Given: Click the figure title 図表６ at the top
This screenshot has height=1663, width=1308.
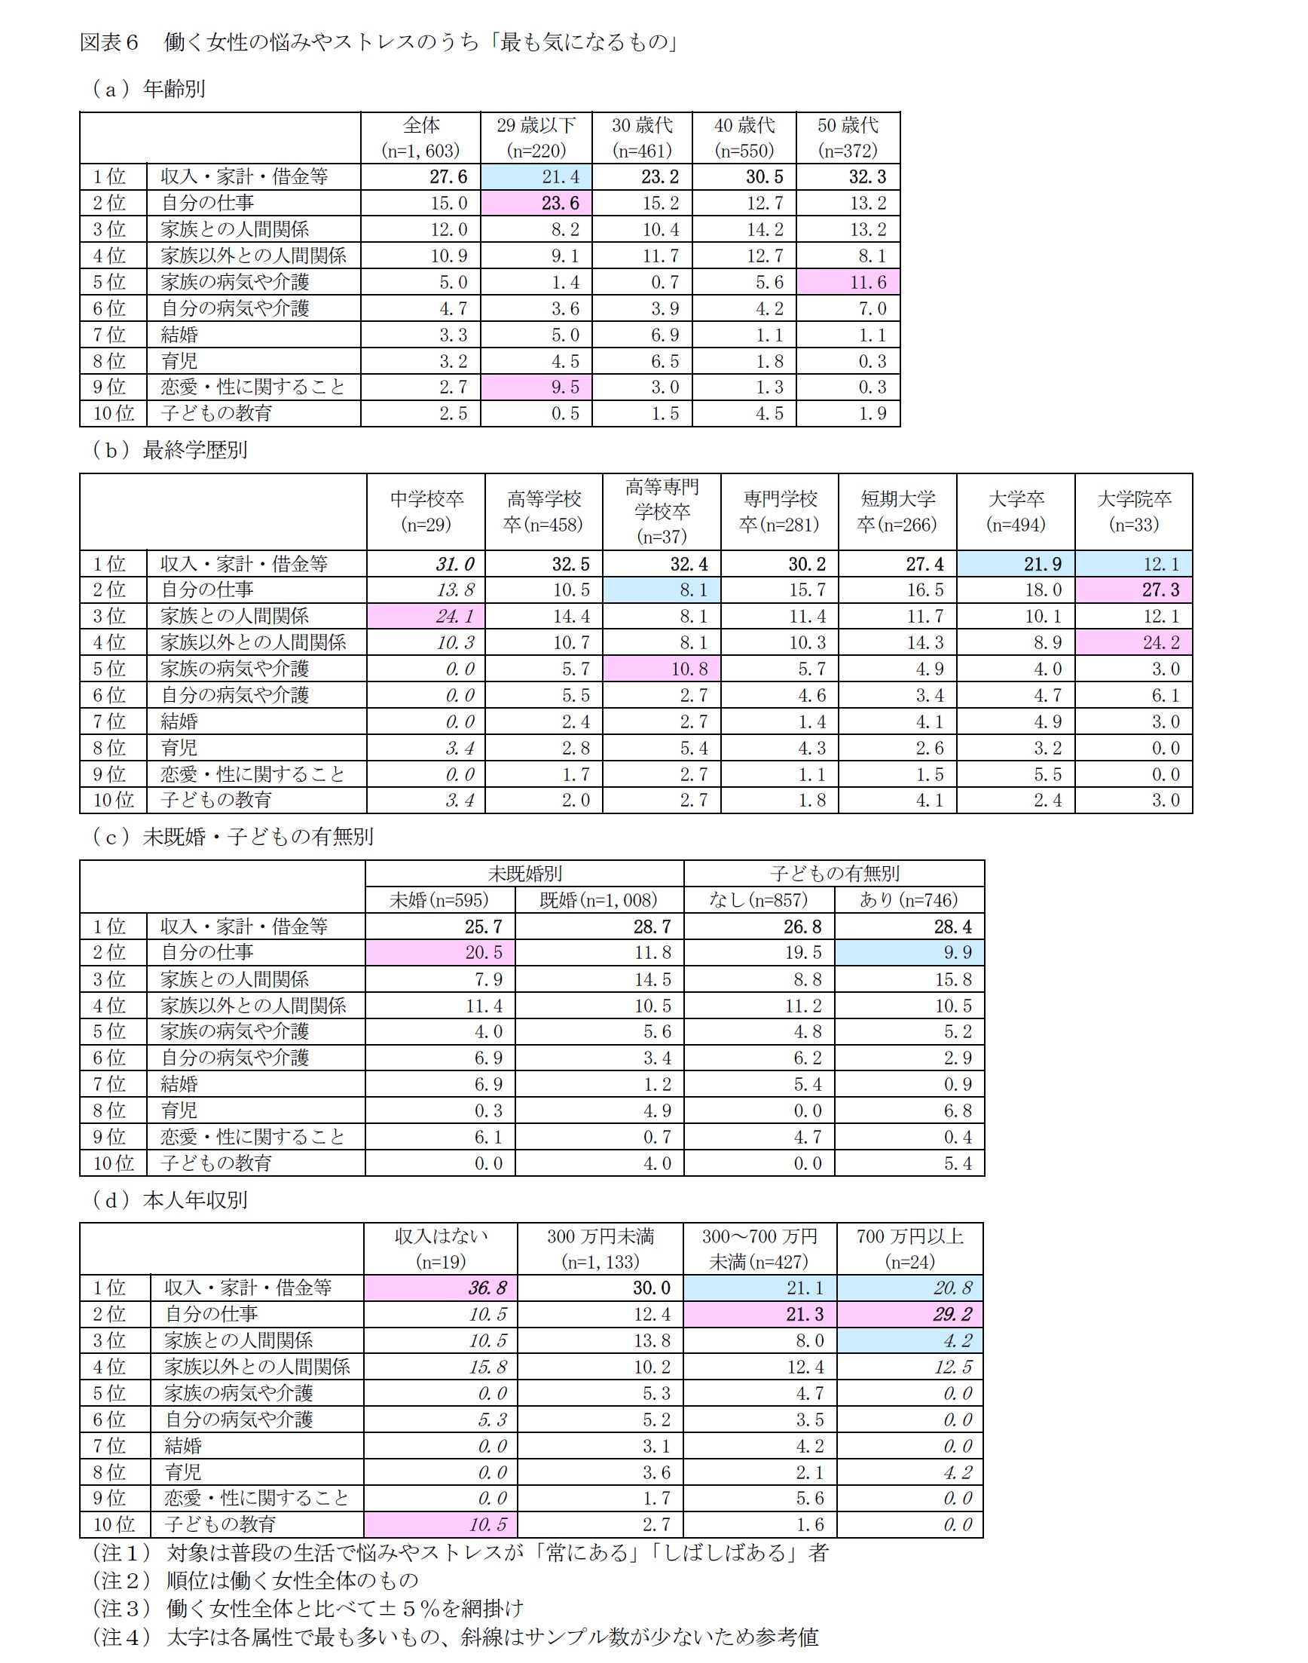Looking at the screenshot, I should (x=109, y=42).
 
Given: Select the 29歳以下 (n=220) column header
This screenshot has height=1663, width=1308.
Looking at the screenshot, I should (x=536, y=138).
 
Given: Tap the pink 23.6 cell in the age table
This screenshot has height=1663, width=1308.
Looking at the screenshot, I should (x=536, y=203).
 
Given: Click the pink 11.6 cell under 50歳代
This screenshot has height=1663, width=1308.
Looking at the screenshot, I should (x=848, y=282).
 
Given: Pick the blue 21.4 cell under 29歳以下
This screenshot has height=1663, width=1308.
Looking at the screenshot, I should (x=536, y=177).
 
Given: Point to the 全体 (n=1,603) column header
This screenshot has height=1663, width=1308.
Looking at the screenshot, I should (x=420, y=138).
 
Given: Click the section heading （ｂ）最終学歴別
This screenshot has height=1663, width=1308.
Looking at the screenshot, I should (x=170, y=449).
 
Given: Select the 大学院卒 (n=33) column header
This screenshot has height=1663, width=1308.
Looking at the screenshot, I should (x=1133, y=512).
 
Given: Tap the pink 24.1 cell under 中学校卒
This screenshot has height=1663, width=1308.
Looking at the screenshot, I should (x=426, y=616).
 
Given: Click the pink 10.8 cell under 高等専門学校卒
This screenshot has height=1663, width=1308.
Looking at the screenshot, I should (x=662, y=669).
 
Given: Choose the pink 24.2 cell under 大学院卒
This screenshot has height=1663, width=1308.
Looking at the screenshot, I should (x=1133, y=642).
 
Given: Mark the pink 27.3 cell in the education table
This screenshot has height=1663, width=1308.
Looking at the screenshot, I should (x=1133, y=590).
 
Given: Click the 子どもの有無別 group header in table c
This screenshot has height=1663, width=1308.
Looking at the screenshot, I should (x=834, y=873).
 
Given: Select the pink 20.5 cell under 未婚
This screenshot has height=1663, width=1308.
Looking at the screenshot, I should (x=440, y=952).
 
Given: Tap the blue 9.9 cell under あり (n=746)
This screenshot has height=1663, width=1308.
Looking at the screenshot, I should (x=909, y=952).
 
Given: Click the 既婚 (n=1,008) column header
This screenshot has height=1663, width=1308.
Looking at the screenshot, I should (x=599, y=899).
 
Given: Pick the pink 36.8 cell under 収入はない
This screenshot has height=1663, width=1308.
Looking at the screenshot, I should (x=440, y=1288).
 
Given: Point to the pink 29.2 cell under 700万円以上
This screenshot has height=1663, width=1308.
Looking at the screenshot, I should (x=909, y=1315).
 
